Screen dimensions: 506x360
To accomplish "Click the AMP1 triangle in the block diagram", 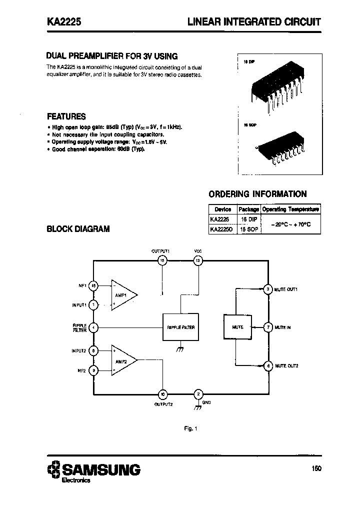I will (x=122, y=295).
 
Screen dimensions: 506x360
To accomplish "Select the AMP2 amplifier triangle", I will (x=122, y=360).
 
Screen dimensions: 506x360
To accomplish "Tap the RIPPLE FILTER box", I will (x=181, y=327).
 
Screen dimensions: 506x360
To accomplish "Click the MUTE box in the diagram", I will (x=238, y=327).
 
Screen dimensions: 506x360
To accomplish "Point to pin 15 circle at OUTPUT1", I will (x=161, y=260).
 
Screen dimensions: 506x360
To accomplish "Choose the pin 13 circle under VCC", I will (x=198, y=260).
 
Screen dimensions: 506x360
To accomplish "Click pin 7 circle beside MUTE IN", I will (x=268, y=327).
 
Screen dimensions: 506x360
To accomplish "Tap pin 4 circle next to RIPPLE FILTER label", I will (x=93, y=327).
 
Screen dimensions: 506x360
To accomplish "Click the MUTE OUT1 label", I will (x=286, y=289).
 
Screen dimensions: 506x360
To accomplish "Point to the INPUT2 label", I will (x=79, y=351).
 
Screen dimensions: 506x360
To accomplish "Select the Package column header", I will (x=248, y=209).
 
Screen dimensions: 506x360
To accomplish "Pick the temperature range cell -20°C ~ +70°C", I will (x=291, y=224).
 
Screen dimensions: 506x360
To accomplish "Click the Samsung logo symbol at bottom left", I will (x=53, y=470).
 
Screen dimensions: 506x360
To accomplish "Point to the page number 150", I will (x=315, y=469).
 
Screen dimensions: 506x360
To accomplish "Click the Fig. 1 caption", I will (x=191, y=428).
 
